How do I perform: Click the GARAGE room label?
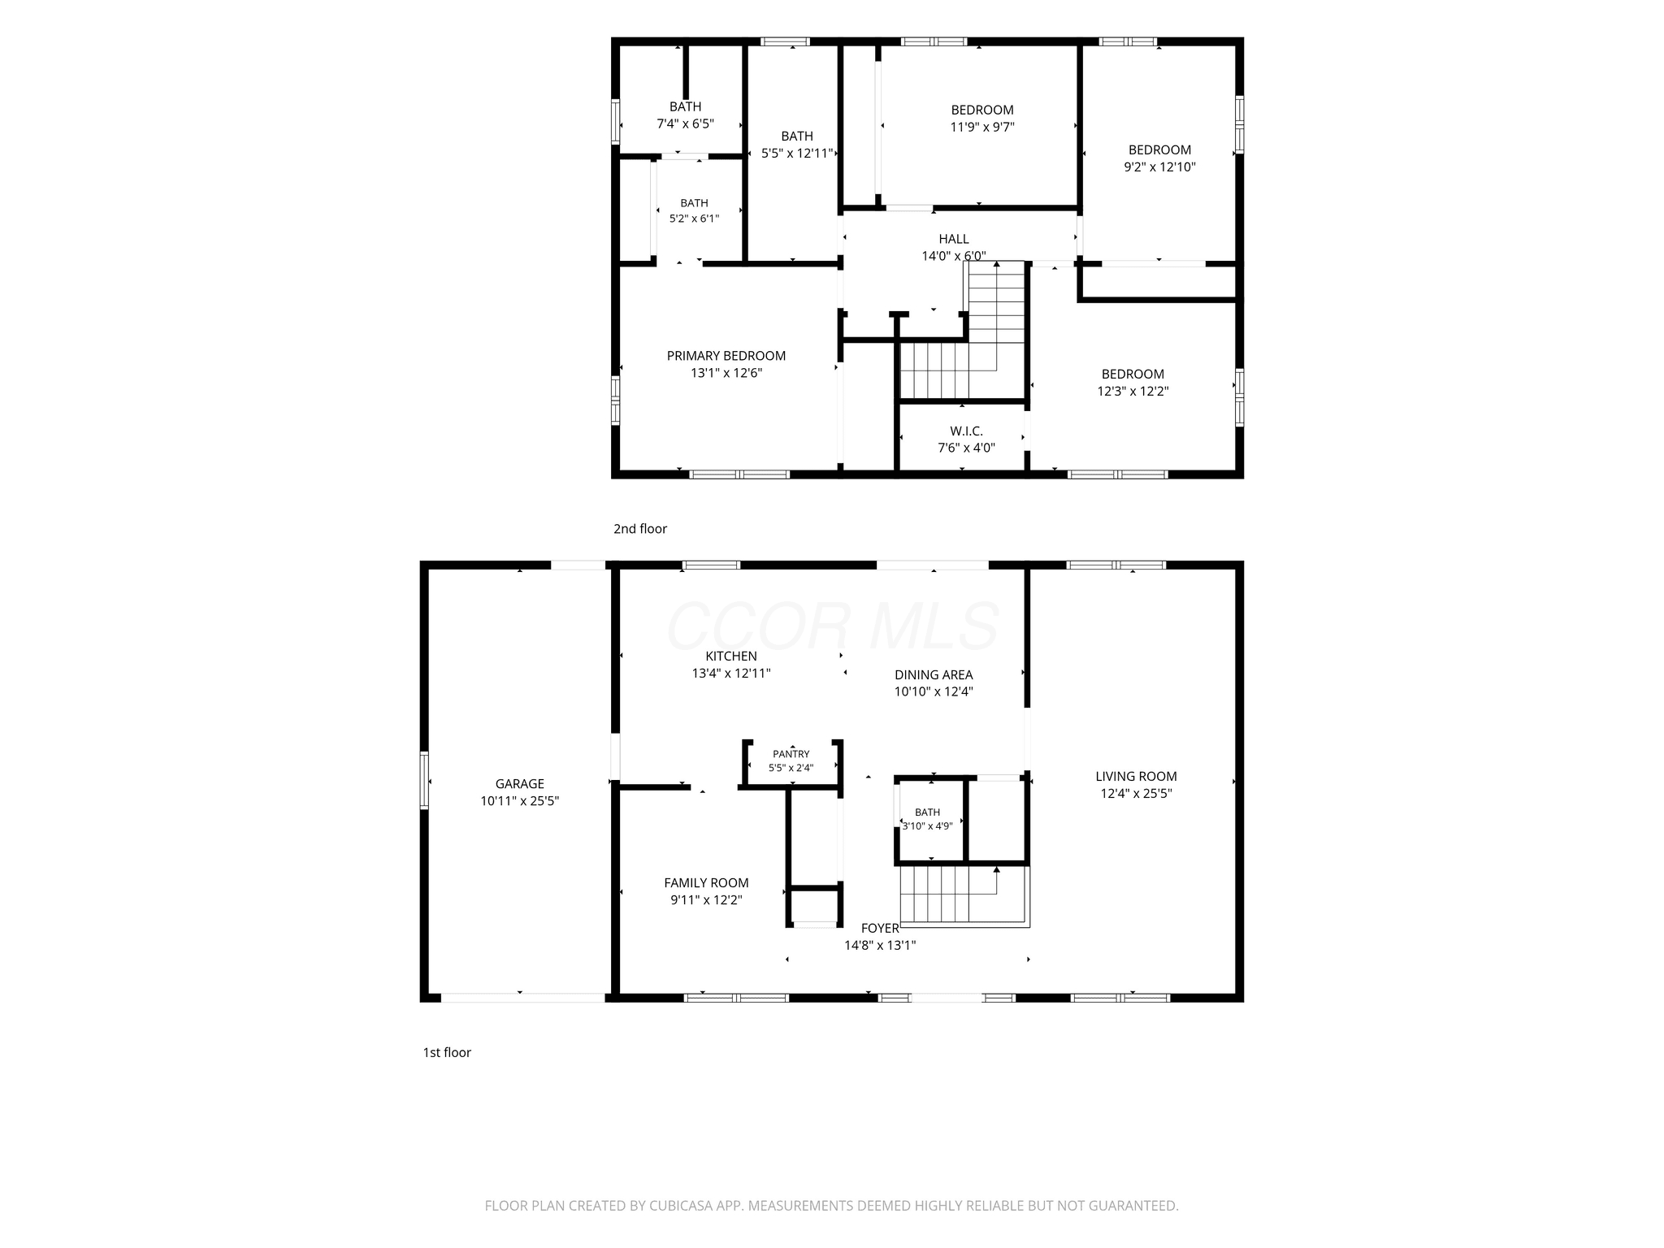pyautogui.click(x=520, y=784)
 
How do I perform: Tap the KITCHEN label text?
pyautogui.click(x=731, y=656)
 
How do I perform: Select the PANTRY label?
pyautogui.click(x=791, y=754)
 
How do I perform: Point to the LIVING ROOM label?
pyautogui.click(x=1136, y=777)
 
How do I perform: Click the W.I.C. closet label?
pyautogui.click(x=967, y=431)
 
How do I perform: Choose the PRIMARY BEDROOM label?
pyautogui.click(x=726, y=356)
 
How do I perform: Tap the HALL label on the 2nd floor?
pyautogui.click(x=954, y=239)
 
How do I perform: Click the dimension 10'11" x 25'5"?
pyautogui.click(x=520, y=801)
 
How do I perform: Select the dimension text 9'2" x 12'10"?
pyautogui.click(x=1159, y=167)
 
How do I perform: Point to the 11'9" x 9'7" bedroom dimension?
pyautogui.click(x=982, y=128)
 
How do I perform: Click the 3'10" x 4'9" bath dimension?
pyautogui.click(x=927, y=826)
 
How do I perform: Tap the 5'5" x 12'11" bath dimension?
pyautogui.click(x=797, y=153)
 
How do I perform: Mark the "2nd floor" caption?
pyautogui.click(x=640, y=529)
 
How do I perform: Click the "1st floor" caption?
pyautogui.click(x=447, y=1053)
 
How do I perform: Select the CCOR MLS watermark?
pyautogui.click(x=833, y=626)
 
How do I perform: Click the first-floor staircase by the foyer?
pyautogui.click(x=964, y=896)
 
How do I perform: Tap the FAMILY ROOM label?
pyautogui.click(x=706, y=883)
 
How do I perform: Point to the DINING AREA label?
pyautogui.click(x=934, y=675)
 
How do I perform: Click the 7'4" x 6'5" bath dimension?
pyautogui.click(x=685, y=124)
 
